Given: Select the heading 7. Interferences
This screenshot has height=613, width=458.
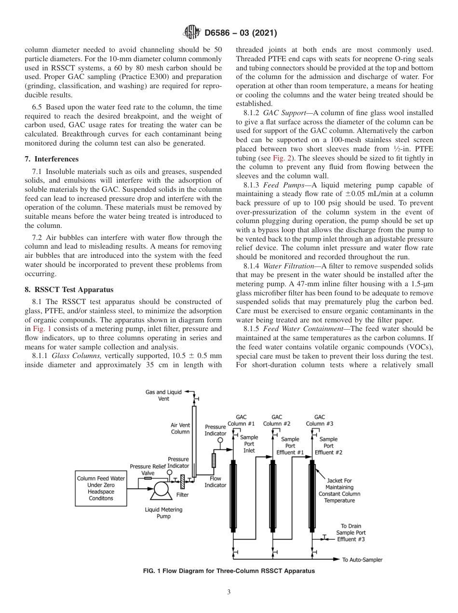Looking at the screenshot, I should pyautogui.click(x=52, y=159).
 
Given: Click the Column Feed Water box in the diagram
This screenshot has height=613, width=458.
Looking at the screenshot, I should pyautogui.click(x=101, y=488).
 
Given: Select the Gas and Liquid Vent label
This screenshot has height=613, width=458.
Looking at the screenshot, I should pyautogui.click(x=163, y=395).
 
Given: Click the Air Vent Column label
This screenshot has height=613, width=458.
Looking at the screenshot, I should pyautogui.click(x=180, y=428).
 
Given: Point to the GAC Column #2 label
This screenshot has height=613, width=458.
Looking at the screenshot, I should pyautogui.click(x=277, y=420).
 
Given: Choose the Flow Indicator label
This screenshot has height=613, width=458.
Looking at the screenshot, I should pyautogui.click(x=215, y=481).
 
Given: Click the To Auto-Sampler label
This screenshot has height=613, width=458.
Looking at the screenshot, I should pyautogui.click(x=362, y=560).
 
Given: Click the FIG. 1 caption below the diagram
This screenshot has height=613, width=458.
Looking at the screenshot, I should pyautogui.click(x=229, y=571).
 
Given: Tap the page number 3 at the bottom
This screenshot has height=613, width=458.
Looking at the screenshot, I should pyautogui.click(x=229, y=592).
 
